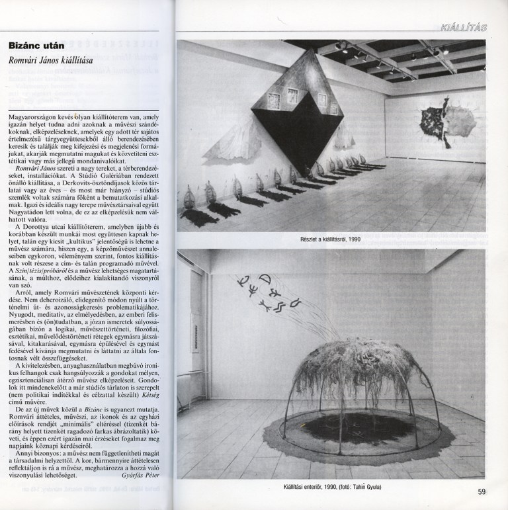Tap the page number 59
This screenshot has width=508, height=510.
click(490, 491)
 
